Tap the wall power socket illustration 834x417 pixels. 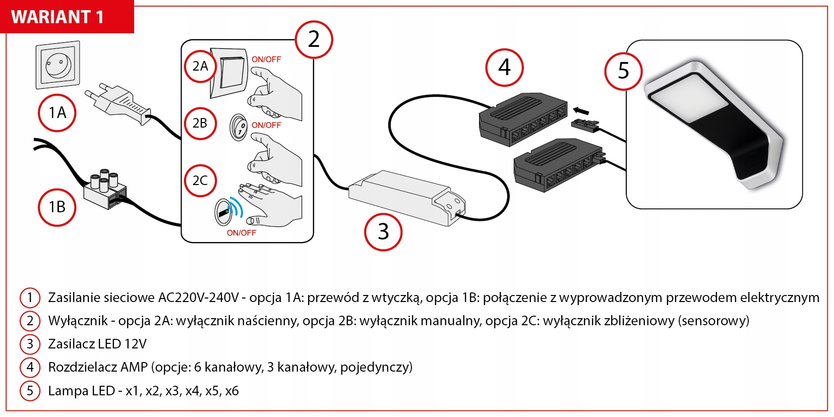58,65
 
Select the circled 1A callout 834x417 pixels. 57,113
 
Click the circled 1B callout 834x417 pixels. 57,207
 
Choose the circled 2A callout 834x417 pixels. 200,67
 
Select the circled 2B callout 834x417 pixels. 200,123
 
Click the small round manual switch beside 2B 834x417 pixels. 239,126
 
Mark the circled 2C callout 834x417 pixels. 200,181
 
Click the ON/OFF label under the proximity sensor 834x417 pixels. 241,233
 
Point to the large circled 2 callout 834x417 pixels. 314,39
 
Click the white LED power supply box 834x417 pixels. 406,197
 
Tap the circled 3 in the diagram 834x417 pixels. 383,232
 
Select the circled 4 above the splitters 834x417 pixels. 504,68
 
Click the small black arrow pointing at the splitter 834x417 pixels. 581,110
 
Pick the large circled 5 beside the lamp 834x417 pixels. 624,71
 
